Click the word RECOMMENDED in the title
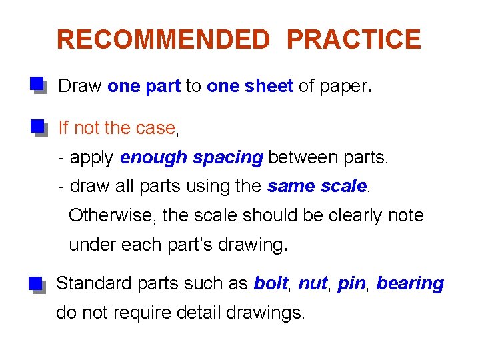click(x=163, y=40)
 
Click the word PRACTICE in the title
click(x=353, y=40)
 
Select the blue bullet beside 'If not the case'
click(x=37, y=127)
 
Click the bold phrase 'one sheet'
click(x=250, y=86)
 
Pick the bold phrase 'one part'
click(x=144, y=86)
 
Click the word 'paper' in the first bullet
click(x=343, y=86)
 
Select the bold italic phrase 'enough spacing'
click(x=192, y=157)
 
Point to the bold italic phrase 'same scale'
click(x=317, y=187)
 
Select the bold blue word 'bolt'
click(x=270, y=283)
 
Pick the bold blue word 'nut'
click(x=312, y=283)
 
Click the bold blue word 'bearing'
click(x=410, y=283)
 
